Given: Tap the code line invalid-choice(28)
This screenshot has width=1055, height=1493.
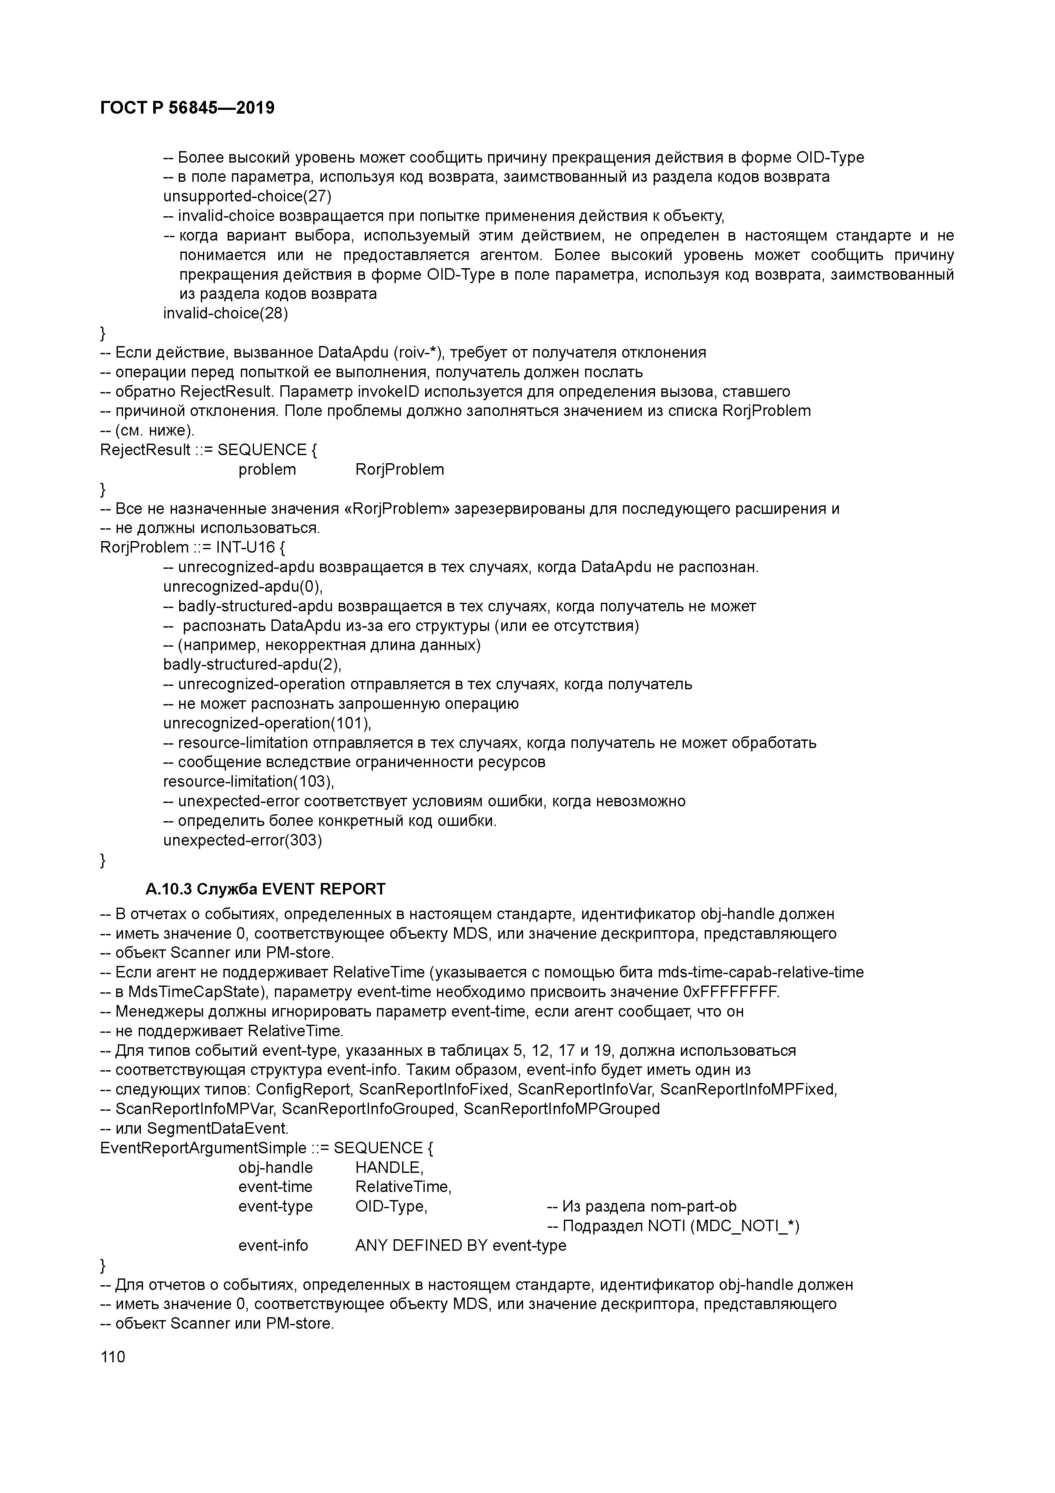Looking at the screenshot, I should pyautogui.click(x=225, y=313).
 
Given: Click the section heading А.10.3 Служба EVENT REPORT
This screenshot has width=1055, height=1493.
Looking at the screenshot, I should pyautogui.click(x=265, y=889).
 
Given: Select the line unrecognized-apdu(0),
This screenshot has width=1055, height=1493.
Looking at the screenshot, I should pyautogui.click(x=243, y=587).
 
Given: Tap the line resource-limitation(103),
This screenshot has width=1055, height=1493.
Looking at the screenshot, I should pyautogui.click(x=248, y=782).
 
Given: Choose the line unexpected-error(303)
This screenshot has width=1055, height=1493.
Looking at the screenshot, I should pyautogui.click(x=243, y=840).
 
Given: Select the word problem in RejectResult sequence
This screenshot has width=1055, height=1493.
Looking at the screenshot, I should pyautogui.click(x=267, y=470).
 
